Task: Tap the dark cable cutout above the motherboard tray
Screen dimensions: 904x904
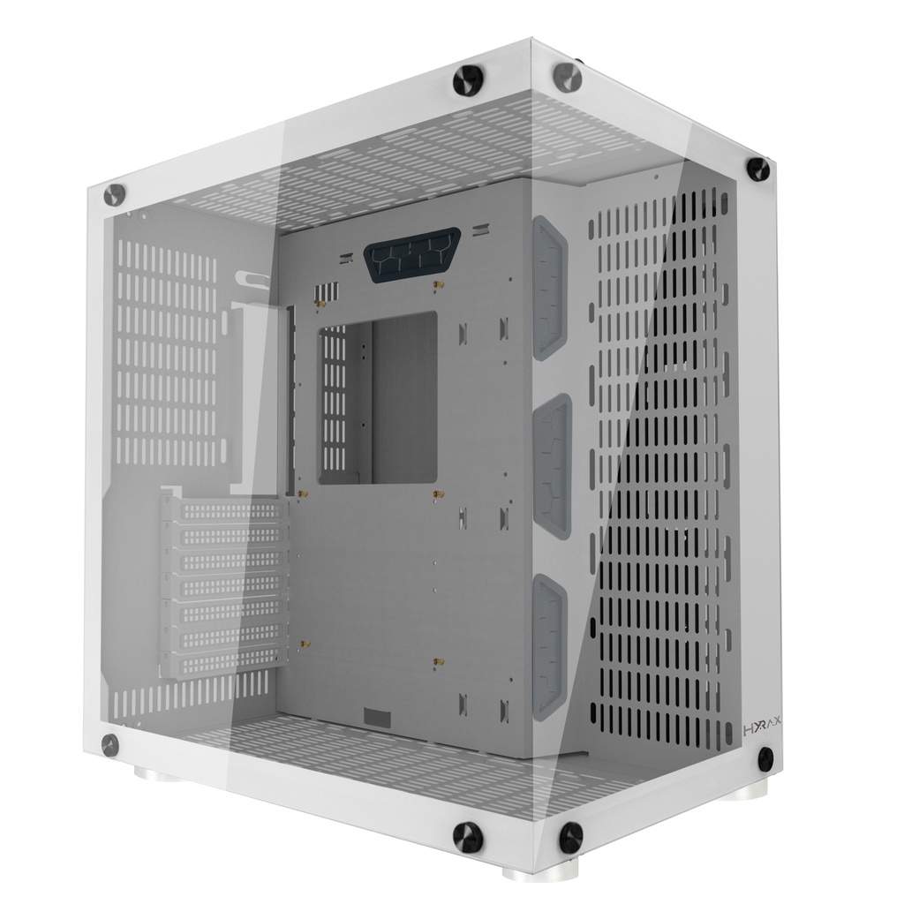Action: [411, 252]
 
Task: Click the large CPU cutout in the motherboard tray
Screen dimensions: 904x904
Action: [378, 398]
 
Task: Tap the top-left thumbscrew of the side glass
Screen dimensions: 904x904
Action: [114, 193]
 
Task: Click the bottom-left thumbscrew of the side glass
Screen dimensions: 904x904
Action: [110, 743]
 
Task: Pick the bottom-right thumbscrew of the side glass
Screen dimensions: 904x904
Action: [467, 834]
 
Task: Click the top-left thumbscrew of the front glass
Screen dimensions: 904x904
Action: [566, 77]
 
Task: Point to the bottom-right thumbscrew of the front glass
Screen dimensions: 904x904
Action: [765, 756]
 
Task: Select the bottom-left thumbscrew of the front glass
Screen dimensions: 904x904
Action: [570, 836]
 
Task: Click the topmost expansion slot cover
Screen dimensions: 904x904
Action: [224, 511]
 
